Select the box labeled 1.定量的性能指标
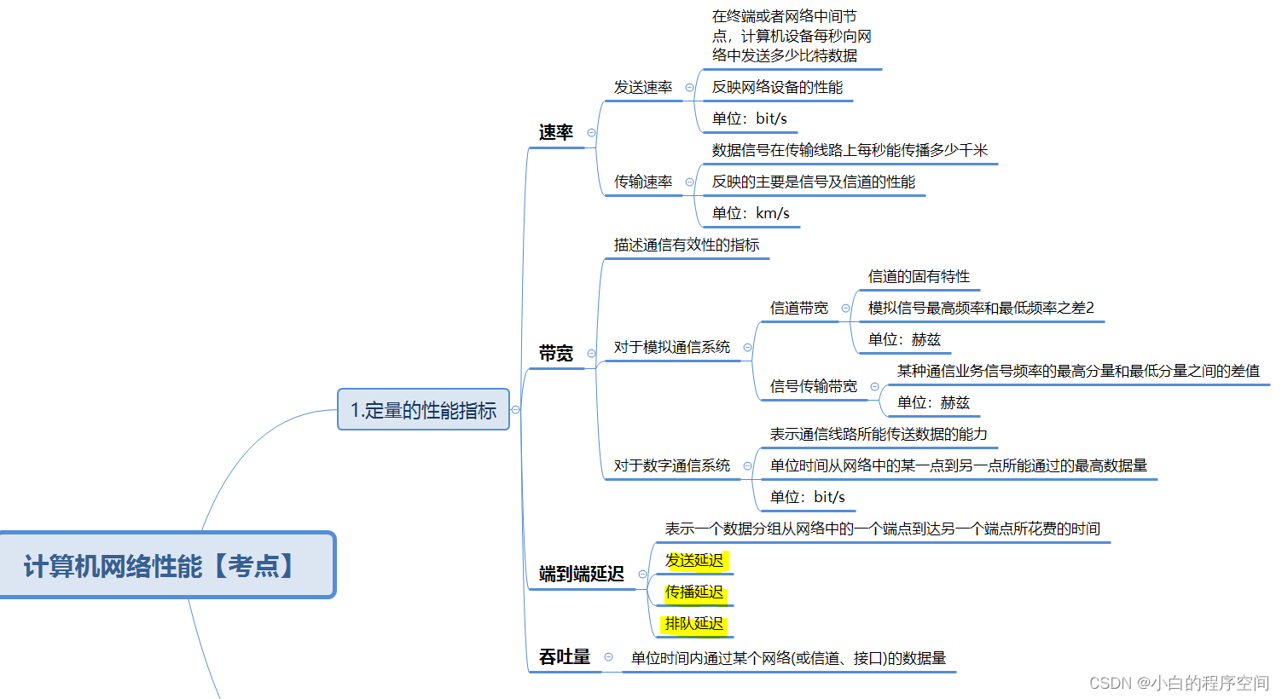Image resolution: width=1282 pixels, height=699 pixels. [x=423, y=410]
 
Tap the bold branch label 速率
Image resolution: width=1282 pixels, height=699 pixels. [x=555, y=132]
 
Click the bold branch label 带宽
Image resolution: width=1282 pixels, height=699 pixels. [x=555, y=353]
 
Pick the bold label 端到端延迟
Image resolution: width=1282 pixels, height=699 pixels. [x=581, y=574]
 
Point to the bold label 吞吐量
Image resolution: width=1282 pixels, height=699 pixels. [x=564, y=656]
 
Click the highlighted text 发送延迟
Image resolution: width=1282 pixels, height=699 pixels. [x=694, y=560]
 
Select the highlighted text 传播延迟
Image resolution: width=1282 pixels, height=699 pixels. [x=694, y=592]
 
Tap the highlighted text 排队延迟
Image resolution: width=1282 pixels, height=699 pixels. [x=694, y=623]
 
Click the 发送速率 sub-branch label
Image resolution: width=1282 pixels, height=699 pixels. [x=643, y=87]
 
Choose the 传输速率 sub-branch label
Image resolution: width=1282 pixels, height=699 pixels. [x=643, y=182]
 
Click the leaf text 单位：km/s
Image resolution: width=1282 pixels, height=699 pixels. [x=751, y=213]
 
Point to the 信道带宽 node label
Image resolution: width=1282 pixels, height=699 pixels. [x=798, y=308]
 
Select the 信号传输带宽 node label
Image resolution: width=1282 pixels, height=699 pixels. [x=813, y=386]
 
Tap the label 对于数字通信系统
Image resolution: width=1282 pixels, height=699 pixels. [x=671, y=465]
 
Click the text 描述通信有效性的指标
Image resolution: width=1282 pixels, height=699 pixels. [x=686, y=245]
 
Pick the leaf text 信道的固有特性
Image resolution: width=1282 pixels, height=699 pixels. [x=919, y=276]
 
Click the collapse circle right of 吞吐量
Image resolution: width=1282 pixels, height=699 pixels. [x=608, y=656]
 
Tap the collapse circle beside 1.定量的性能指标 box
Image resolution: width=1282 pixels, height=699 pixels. [x=515, y=410]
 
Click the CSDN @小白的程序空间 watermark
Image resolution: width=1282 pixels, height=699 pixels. [x=1179, y=683]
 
